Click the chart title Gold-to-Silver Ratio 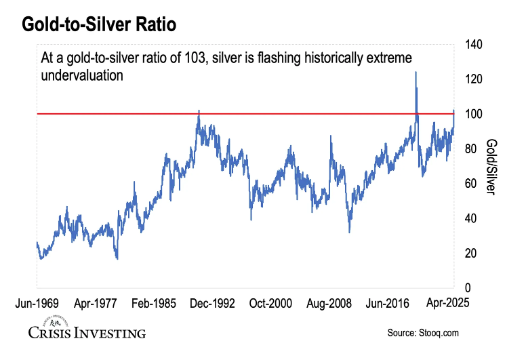(100, 25)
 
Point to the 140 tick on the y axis (474, 45)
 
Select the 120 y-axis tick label (474, 79)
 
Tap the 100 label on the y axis (474, 114)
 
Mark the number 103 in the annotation (197, 59)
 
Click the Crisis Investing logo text (87, 333)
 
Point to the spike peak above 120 (416, 72)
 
